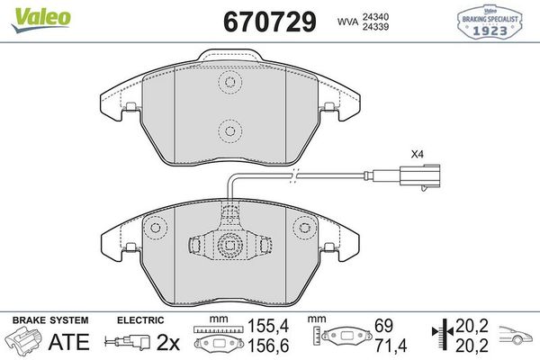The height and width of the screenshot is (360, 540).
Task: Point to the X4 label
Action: (x=416, y=154)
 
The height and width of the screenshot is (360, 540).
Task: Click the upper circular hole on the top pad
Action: (x=229, y=84)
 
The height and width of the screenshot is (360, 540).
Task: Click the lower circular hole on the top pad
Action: (x=229, y=131)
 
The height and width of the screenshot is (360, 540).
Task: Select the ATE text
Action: (x=69, y=342)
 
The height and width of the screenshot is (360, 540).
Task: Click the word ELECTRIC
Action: (x=139, y=320)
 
